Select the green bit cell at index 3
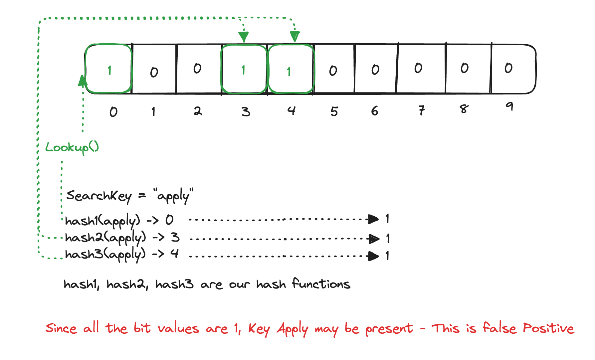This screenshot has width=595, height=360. pos(244,69)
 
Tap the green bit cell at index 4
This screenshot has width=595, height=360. pos(291,69)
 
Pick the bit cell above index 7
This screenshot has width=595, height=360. pos(421,69)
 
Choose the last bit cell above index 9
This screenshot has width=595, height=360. pos(512,69)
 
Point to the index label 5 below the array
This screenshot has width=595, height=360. pos(334,111)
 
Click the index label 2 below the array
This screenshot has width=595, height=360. pos(198,111)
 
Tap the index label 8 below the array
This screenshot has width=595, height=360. pos(464,109)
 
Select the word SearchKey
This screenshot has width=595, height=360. pos(99,196)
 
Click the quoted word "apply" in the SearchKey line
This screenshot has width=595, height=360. pos(173,196)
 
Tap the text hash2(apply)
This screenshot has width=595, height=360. pos(105,238)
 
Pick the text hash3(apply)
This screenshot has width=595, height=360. pos(105,255)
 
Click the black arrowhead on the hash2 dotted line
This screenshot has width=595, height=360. pos(374,239)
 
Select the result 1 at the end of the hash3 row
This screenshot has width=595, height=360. pos(387,256)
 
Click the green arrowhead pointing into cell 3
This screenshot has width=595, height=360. pos(244,36)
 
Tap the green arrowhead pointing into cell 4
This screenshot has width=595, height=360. pos(295,36)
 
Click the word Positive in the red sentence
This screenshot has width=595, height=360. pos(548,329)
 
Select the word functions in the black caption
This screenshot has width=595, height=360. pos(321,284)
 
